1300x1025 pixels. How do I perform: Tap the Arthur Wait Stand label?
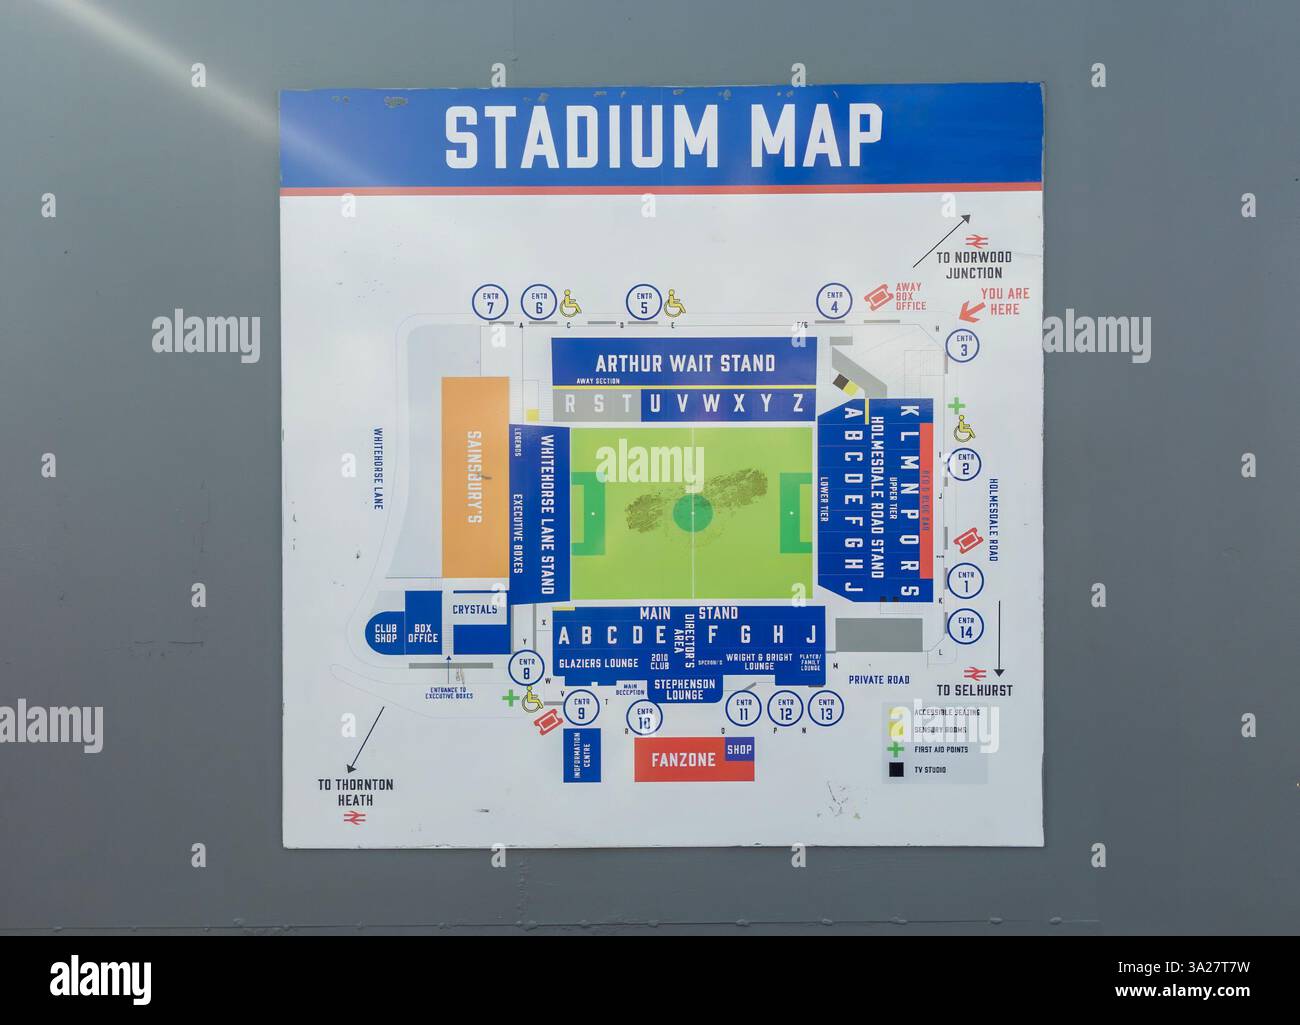pyautogui.click(x=685, y=362)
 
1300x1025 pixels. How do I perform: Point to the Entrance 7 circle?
pyautogui.click(x=490, y=303)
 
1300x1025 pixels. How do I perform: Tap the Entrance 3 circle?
pyautogui.click(x=964, y=345)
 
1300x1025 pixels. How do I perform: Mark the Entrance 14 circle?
pyautogui.click(x=965, y=627)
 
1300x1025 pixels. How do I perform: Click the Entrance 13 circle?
pyautogui.click(x=825, y=710)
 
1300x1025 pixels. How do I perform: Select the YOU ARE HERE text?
pyautogui.click(x=1005, y=301)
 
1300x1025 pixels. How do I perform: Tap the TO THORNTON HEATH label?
pyautogui.click(x=355, y=791)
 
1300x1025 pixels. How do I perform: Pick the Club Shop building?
pyautogui.click(x=386, y=632)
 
